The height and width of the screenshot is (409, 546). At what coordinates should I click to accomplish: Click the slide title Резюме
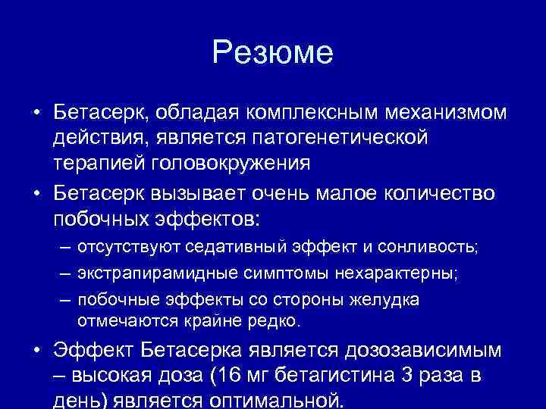click(x=272, y=53)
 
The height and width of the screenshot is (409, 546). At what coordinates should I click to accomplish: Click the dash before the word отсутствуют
click(x=66, y=248)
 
